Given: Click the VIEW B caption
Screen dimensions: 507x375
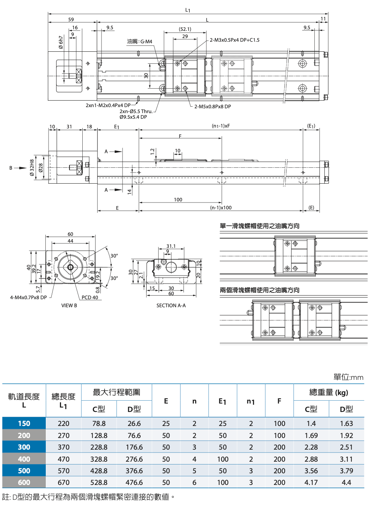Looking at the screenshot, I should click(x=69, y=305).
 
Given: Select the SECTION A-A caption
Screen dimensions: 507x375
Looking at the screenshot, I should click(x=171, y=305).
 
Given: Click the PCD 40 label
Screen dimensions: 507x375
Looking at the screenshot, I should click(x=90, y=298).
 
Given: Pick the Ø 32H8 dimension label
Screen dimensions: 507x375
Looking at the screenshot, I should click(x=32, y=168).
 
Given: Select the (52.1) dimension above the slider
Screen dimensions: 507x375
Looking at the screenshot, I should click(x=185, y=29).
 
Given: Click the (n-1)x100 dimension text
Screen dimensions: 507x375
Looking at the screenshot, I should click(x=221, y=208).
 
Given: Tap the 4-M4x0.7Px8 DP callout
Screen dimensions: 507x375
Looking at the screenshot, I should click(x=29, y=298).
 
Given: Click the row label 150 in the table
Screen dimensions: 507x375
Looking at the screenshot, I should click(x=24, y=424).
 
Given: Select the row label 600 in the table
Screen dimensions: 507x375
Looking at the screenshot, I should click(x=24, y=483).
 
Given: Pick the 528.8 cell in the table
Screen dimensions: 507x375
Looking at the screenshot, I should click(x=99, y=483).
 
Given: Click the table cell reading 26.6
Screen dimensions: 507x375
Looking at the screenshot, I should click(x=134, y=424).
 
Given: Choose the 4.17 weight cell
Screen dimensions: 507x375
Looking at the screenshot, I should click(x=311, y=483).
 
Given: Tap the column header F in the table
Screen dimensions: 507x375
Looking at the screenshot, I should click(x=279, y=400).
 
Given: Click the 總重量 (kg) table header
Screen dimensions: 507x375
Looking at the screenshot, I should click(x=328, y=392).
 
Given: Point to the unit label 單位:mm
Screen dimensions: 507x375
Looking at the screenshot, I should click(x=348, y=377).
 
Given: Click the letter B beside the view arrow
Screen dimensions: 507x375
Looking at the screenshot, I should click(x=11, y=168).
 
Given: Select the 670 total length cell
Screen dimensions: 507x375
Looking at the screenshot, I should click(x=63, y=483).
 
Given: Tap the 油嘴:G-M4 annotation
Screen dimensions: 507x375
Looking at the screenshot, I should click(x=140, y=41).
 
